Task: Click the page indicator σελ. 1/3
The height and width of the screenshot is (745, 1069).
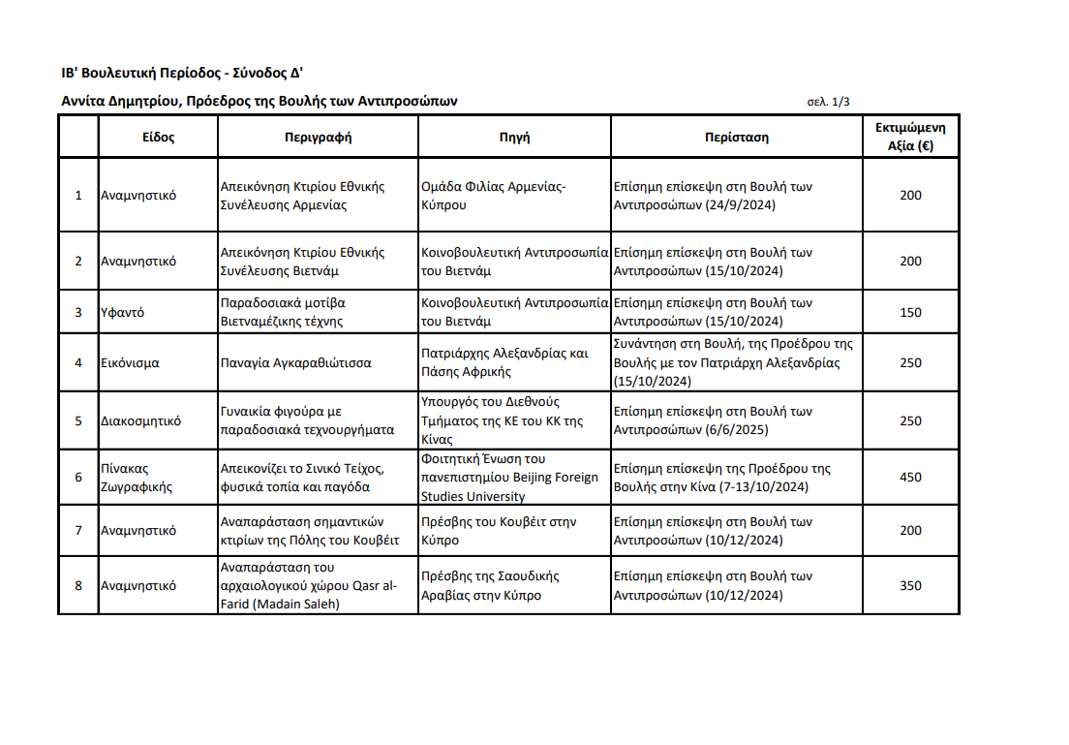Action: (x=828, y=102)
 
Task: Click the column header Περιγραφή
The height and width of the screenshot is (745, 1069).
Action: (x=318, y=137)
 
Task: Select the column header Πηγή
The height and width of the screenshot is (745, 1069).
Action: (x=514, y=137)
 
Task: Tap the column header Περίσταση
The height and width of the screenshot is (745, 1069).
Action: (x=736, y=137)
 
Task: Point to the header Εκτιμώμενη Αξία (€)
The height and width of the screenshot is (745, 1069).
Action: (x=910, y=137)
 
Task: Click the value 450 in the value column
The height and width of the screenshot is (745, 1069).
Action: (x=910, y=477)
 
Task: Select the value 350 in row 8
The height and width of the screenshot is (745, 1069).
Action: (x=910, y=585)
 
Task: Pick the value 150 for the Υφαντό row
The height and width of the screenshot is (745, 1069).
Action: (x=910, y=312)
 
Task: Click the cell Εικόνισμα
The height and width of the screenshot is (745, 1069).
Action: (x=130, y=363)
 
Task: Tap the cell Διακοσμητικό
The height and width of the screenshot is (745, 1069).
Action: (x=140, y=421)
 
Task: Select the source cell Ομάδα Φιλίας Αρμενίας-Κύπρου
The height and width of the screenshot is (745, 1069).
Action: (x=494, y=196)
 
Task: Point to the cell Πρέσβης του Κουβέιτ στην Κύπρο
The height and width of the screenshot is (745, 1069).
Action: (x=499, y=531)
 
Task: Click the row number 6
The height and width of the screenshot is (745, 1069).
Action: (x=78, y=477)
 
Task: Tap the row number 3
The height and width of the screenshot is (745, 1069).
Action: (x=78, y=312)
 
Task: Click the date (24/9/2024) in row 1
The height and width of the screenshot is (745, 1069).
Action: (x=740, y=205)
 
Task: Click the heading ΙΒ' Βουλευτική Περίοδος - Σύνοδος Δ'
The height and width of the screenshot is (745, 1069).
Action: (x=183, y=73)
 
